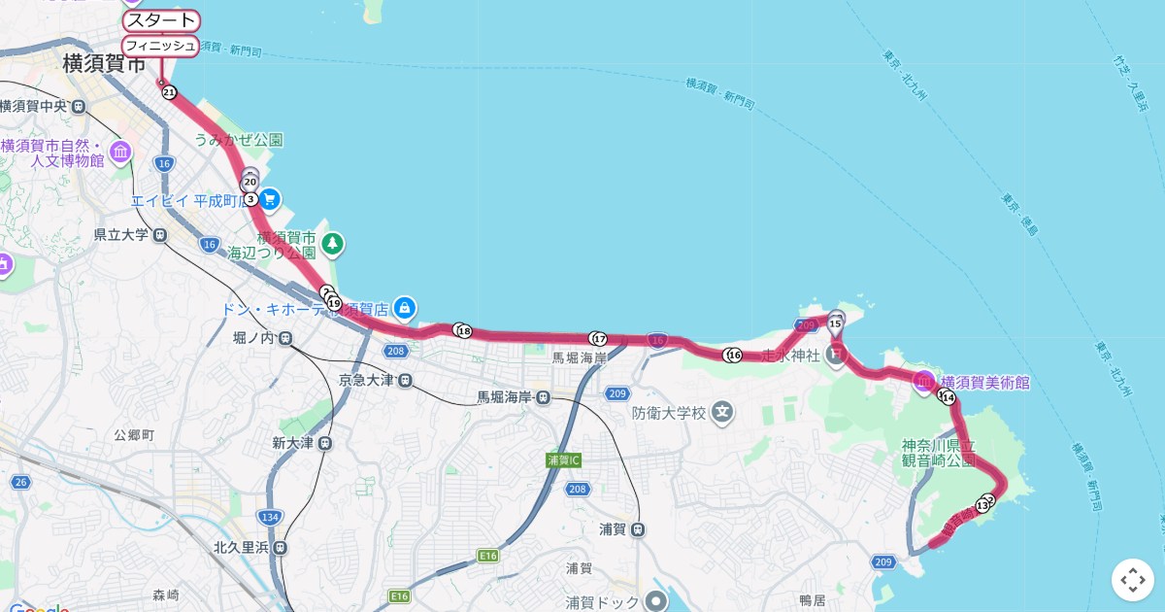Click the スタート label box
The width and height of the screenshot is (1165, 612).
coord(161,21)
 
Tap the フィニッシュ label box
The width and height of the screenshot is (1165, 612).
coord(160,46)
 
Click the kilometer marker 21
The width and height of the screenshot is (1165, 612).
coord(170,92)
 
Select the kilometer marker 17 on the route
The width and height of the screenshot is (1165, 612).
coord(599,339)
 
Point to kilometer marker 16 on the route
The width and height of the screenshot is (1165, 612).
coord(734,356)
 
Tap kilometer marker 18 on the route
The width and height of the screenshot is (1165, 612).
coord(464,331)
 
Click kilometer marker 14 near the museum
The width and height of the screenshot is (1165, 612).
coord(949,397)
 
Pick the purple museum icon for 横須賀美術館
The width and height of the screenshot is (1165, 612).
coord(923,382)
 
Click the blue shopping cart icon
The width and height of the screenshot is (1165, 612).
coord(270,199)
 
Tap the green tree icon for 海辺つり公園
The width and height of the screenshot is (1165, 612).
coord(333,243)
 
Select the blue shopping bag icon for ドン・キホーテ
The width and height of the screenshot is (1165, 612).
coord(406,309)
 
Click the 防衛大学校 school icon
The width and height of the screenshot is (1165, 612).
coord(721,412)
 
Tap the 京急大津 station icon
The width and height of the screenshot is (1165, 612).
coord(405,380)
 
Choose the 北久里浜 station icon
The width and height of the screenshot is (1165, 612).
coord(281,547)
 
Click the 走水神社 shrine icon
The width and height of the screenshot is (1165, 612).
coord(836,356)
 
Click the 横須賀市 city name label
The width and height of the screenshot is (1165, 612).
coord(104,65)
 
